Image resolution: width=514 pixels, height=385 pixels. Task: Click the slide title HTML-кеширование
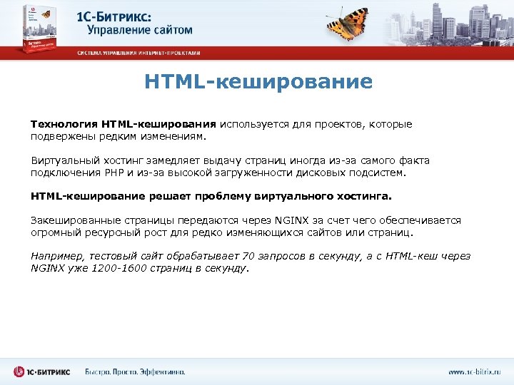(258, 82)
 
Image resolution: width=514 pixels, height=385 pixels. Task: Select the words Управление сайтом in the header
(140, 30)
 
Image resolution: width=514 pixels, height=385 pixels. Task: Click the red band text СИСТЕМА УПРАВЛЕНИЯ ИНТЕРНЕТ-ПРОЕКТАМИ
(139, 53)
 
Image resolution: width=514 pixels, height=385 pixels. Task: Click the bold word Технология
(64, 124)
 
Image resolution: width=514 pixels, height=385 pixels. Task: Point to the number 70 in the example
(249, 257)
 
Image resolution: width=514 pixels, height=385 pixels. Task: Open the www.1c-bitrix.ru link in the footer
(475, 371)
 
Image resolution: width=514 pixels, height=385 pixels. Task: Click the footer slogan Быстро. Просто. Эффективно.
(135, 371)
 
